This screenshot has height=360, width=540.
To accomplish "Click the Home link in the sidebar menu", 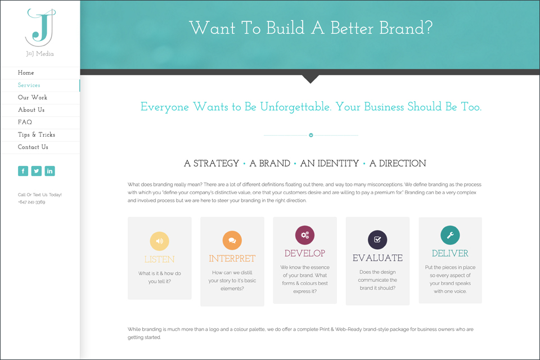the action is coord(26,73).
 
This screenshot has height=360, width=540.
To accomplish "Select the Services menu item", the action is coord(29,85).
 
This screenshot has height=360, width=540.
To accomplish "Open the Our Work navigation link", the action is coord(33,97).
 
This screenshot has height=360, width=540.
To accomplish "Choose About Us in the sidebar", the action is coord(31,110).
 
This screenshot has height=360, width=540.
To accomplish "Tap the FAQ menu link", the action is coord(25,122).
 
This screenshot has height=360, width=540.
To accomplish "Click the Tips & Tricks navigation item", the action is coord(37,134).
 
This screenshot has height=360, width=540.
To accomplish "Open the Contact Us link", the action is coord(33,147).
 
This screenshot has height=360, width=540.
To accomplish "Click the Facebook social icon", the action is coord(23,171).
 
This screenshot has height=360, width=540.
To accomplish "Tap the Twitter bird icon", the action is coord(37,171).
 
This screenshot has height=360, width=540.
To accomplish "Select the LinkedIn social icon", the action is coord(49,171).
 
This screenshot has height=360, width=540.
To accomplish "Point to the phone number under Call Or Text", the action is coord(31,202).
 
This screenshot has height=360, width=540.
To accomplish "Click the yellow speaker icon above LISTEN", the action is coord(159,241).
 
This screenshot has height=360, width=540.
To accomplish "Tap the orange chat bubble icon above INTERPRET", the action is coord(232,240).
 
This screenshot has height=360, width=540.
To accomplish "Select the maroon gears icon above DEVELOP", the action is coord(305,235).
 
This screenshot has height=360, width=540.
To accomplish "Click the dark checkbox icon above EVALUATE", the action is coord(377,240).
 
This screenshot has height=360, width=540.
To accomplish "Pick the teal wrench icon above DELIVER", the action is coord(450,235).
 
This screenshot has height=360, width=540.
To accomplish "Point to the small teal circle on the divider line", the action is coord(311,136).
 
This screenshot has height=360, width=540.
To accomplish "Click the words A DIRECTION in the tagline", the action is coord(398,163).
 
